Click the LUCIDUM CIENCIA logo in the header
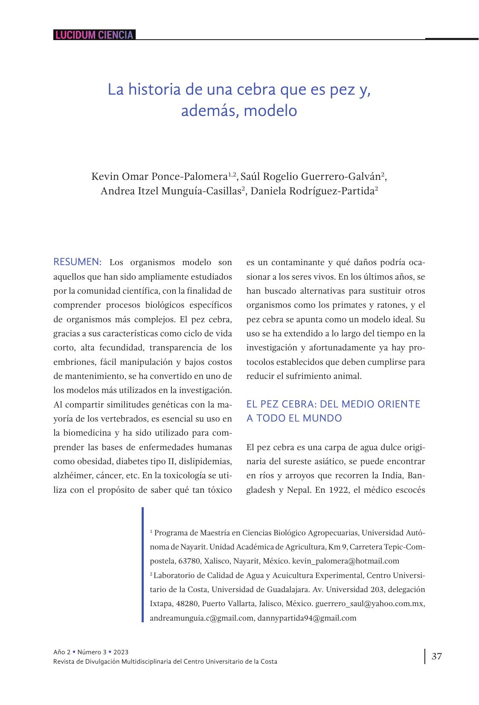94,35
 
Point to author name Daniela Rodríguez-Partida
312,191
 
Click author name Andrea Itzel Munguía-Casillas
171,191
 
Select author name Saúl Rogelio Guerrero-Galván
311,176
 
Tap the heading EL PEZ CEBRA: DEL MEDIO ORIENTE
333,404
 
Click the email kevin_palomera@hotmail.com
345,561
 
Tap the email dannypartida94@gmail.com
307,618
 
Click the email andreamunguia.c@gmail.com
201,618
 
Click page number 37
437,656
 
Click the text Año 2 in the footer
62,652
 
